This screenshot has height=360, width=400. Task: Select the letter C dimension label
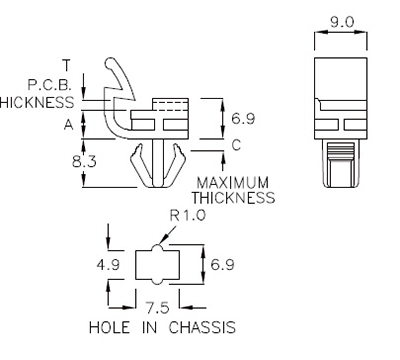coord(236,146)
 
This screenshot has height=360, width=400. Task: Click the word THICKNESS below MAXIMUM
coord(236,197)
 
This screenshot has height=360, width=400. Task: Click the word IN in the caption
coord(150,327)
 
